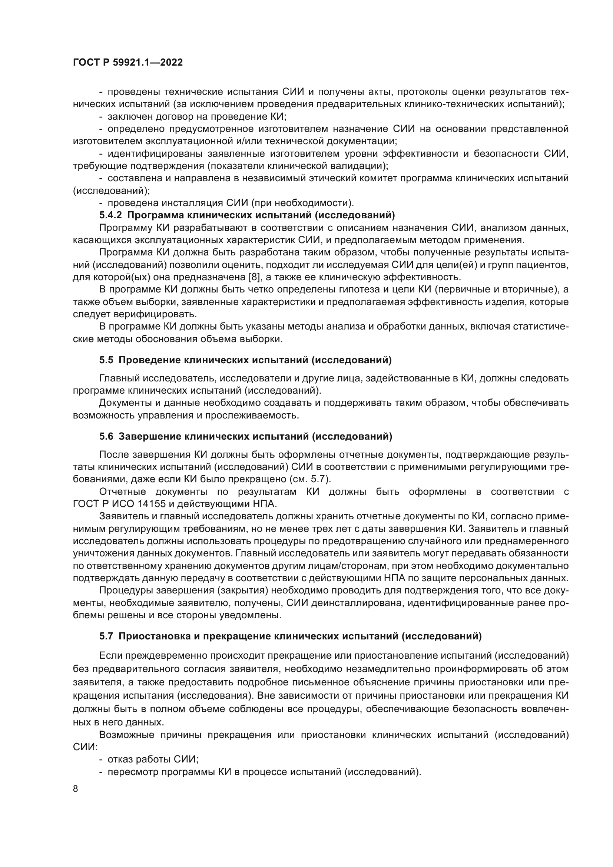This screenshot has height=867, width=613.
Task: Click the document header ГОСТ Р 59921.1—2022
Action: point(127,63)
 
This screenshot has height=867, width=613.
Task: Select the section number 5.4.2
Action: point(111,216)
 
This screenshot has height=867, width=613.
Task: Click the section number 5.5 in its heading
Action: point(106,360)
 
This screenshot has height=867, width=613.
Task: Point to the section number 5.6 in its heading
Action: point(106,437)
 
